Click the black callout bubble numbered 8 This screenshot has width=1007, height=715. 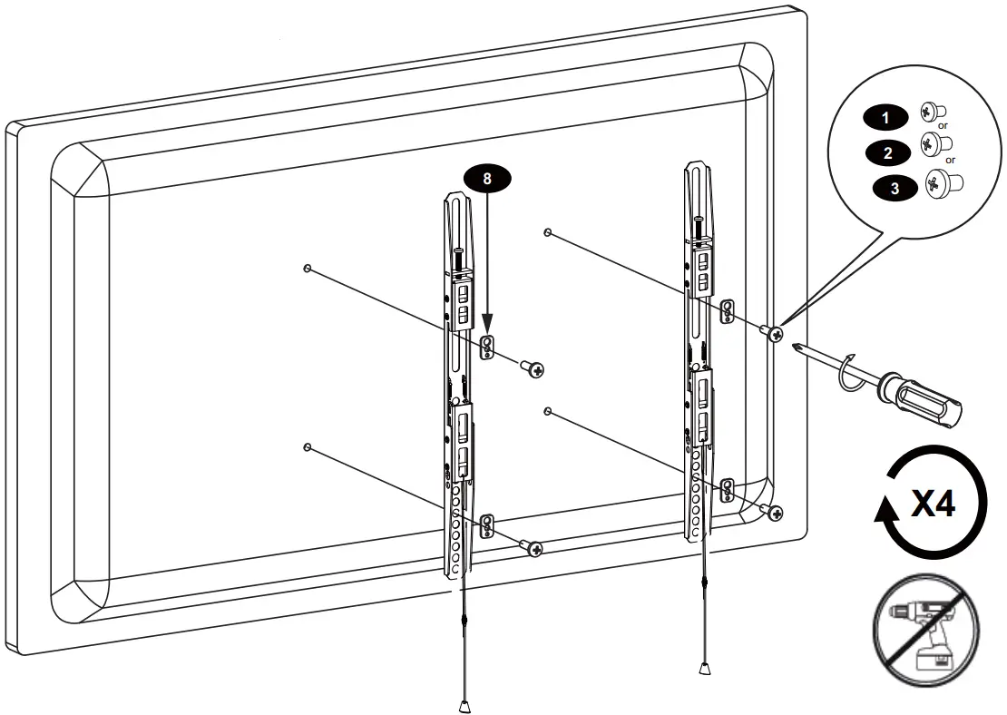pos(487,179)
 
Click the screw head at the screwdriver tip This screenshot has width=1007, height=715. pos(774,335)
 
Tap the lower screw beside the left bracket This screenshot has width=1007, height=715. pos(534,549)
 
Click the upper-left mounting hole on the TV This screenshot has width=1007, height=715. pos(308,269)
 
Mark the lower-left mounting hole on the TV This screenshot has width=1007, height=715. pos(308,447)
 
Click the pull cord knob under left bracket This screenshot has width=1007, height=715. pos(465,703)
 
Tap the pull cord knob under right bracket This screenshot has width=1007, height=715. pos(703,669)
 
